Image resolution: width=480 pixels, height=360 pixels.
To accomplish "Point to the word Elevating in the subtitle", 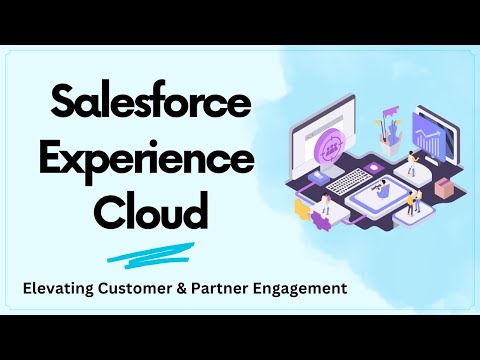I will coord(61,289).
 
